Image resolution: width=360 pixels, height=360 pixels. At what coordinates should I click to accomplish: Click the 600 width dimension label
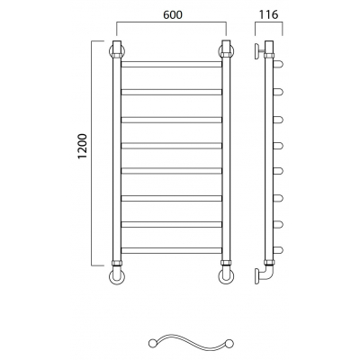point(173,15)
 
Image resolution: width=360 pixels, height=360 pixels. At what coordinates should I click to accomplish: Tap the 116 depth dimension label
point(268,14)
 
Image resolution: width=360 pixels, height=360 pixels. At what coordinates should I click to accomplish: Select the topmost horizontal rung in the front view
point(171,64)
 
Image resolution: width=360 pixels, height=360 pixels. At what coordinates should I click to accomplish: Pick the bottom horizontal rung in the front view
point(171,250)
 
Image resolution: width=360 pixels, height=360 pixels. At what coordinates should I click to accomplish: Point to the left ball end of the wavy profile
point(152,344)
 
